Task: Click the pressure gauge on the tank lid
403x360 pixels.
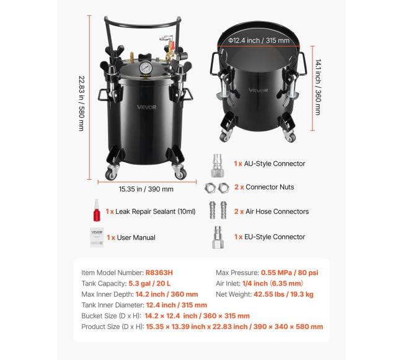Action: pos(145,68)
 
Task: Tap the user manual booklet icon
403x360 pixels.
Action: pos(95,237)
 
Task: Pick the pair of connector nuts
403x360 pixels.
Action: pos(215,187)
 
